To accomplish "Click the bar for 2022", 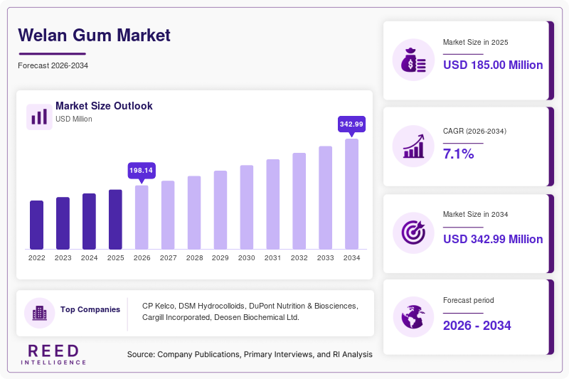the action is pyautogui.click(x=37, y=225).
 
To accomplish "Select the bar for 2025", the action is pyautogui.click(x=115, y=220).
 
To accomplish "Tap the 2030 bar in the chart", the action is pyautogui.click(x=247, y=207).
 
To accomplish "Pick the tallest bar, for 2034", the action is pyautogui.click(x=351, y=194).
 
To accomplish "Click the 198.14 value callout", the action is pyautogui.click(x=142, y=171).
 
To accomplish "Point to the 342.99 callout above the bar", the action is pyautogui.click(x=351, y=124).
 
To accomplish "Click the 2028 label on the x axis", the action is pyautogui.click(x=194, y=258).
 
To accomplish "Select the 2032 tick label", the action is pyautogui.click(x=299, y=258).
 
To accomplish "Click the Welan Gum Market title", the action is pyautogui.click(x=95, y=35).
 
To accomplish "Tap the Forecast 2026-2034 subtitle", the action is pyautogui.click(x=53, y=65).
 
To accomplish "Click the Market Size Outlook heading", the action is pyautogui.click(x=104, y=106).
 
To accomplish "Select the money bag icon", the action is pyautogui.click(x=413, y=60).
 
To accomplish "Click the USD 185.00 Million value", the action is pyautogui.click(x=493, y=65).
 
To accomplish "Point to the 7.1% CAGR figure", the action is pyautogui.click(x=458, y=154).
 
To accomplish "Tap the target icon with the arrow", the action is pyautogui.click(x=413, y=233).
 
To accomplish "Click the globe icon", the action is pyautogui.click(x=413, y=317).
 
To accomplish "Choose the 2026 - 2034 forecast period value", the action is pyautogui.click(x=477, y=326).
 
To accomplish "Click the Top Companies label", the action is pyautogui.click(x=90, y=309).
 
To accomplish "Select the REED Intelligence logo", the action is pyautogui.click(x=53, y=355).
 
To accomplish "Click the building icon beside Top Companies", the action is pyautogui.click(x=40, y=313).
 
